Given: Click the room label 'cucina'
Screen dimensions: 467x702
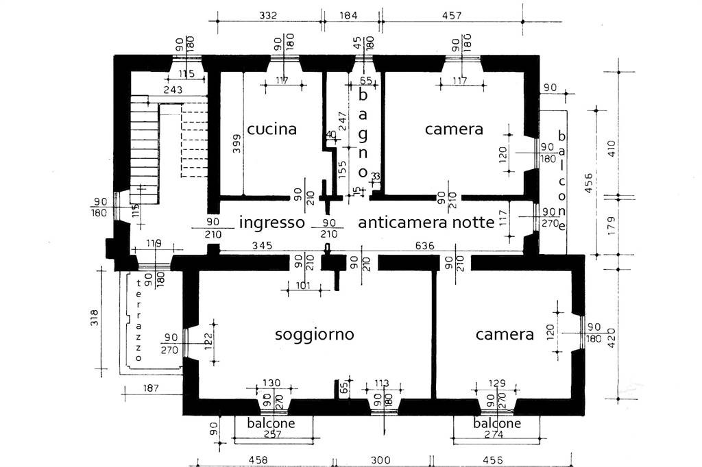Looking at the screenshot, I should [271, 129].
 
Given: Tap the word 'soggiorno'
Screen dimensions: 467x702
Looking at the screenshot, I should [314, 335].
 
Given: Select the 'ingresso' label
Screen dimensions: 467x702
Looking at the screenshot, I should [271, 223].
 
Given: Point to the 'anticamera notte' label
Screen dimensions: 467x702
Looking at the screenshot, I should [426, 223].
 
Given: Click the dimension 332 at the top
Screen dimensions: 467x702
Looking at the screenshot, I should [268, 15].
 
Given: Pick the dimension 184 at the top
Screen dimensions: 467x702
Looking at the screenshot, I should [349, 15].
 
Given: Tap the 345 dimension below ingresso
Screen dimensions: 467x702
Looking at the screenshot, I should [262, 245].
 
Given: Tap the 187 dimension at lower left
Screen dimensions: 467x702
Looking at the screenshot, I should [152, 389].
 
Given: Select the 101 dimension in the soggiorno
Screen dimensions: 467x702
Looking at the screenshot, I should [304, 286].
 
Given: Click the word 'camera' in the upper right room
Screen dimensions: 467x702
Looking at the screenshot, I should [454, 129].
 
